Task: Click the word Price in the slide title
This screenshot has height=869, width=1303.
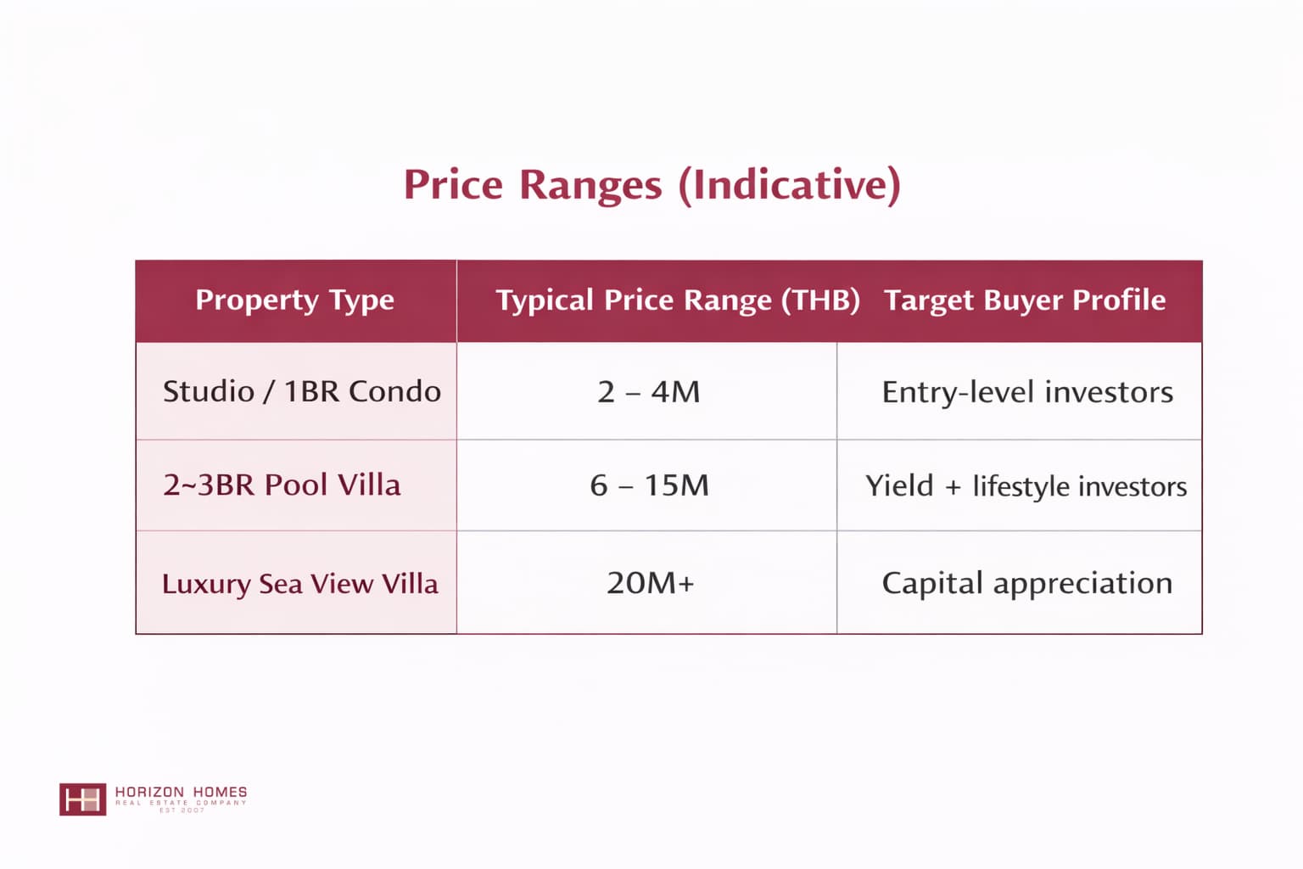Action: coord(453,185)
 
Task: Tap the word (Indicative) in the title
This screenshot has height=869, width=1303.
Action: coord(790,186)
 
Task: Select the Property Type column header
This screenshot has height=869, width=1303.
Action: coord(295,301)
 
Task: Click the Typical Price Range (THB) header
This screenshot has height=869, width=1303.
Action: coord(678,301)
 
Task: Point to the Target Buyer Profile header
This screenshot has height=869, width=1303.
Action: coord(1025,300)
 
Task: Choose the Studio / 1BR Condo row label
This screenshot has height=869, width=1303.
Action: coord(302,391)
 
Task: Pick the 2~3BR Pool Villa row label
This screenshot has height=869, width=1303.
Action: coord(282,485)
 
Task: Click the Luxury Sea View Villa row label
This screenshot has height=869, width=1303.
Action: coord(300,584)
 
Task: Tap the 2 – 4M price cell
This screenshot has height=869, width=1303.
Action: coord(649,392)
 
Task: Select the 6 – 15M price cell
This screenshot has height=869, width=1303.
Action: coord(649,485)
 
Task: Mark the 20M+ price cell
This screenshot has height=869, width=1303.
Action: coord(651,583)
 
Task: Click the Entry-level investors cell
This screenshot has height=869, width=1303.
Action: coord(1027,392)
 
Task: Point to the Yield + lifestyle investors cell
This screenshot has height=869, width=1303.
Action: coord(1026,486)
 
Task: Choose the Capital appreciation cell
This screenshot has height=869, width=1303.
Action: coord(1027,583)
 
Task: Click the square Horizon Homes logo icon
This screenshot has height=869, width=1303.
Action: coord(82,799)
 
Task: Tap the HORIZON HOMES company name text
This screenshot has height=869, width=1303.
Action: coord(181,792)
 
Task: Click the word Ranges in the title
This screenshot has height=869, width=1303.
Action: coord(590,186)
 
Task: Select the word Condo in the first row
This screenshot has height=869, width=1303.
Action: coord(395,391)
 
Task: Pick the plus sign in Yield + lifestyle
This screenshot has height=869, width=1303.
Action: coord(953,487)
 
